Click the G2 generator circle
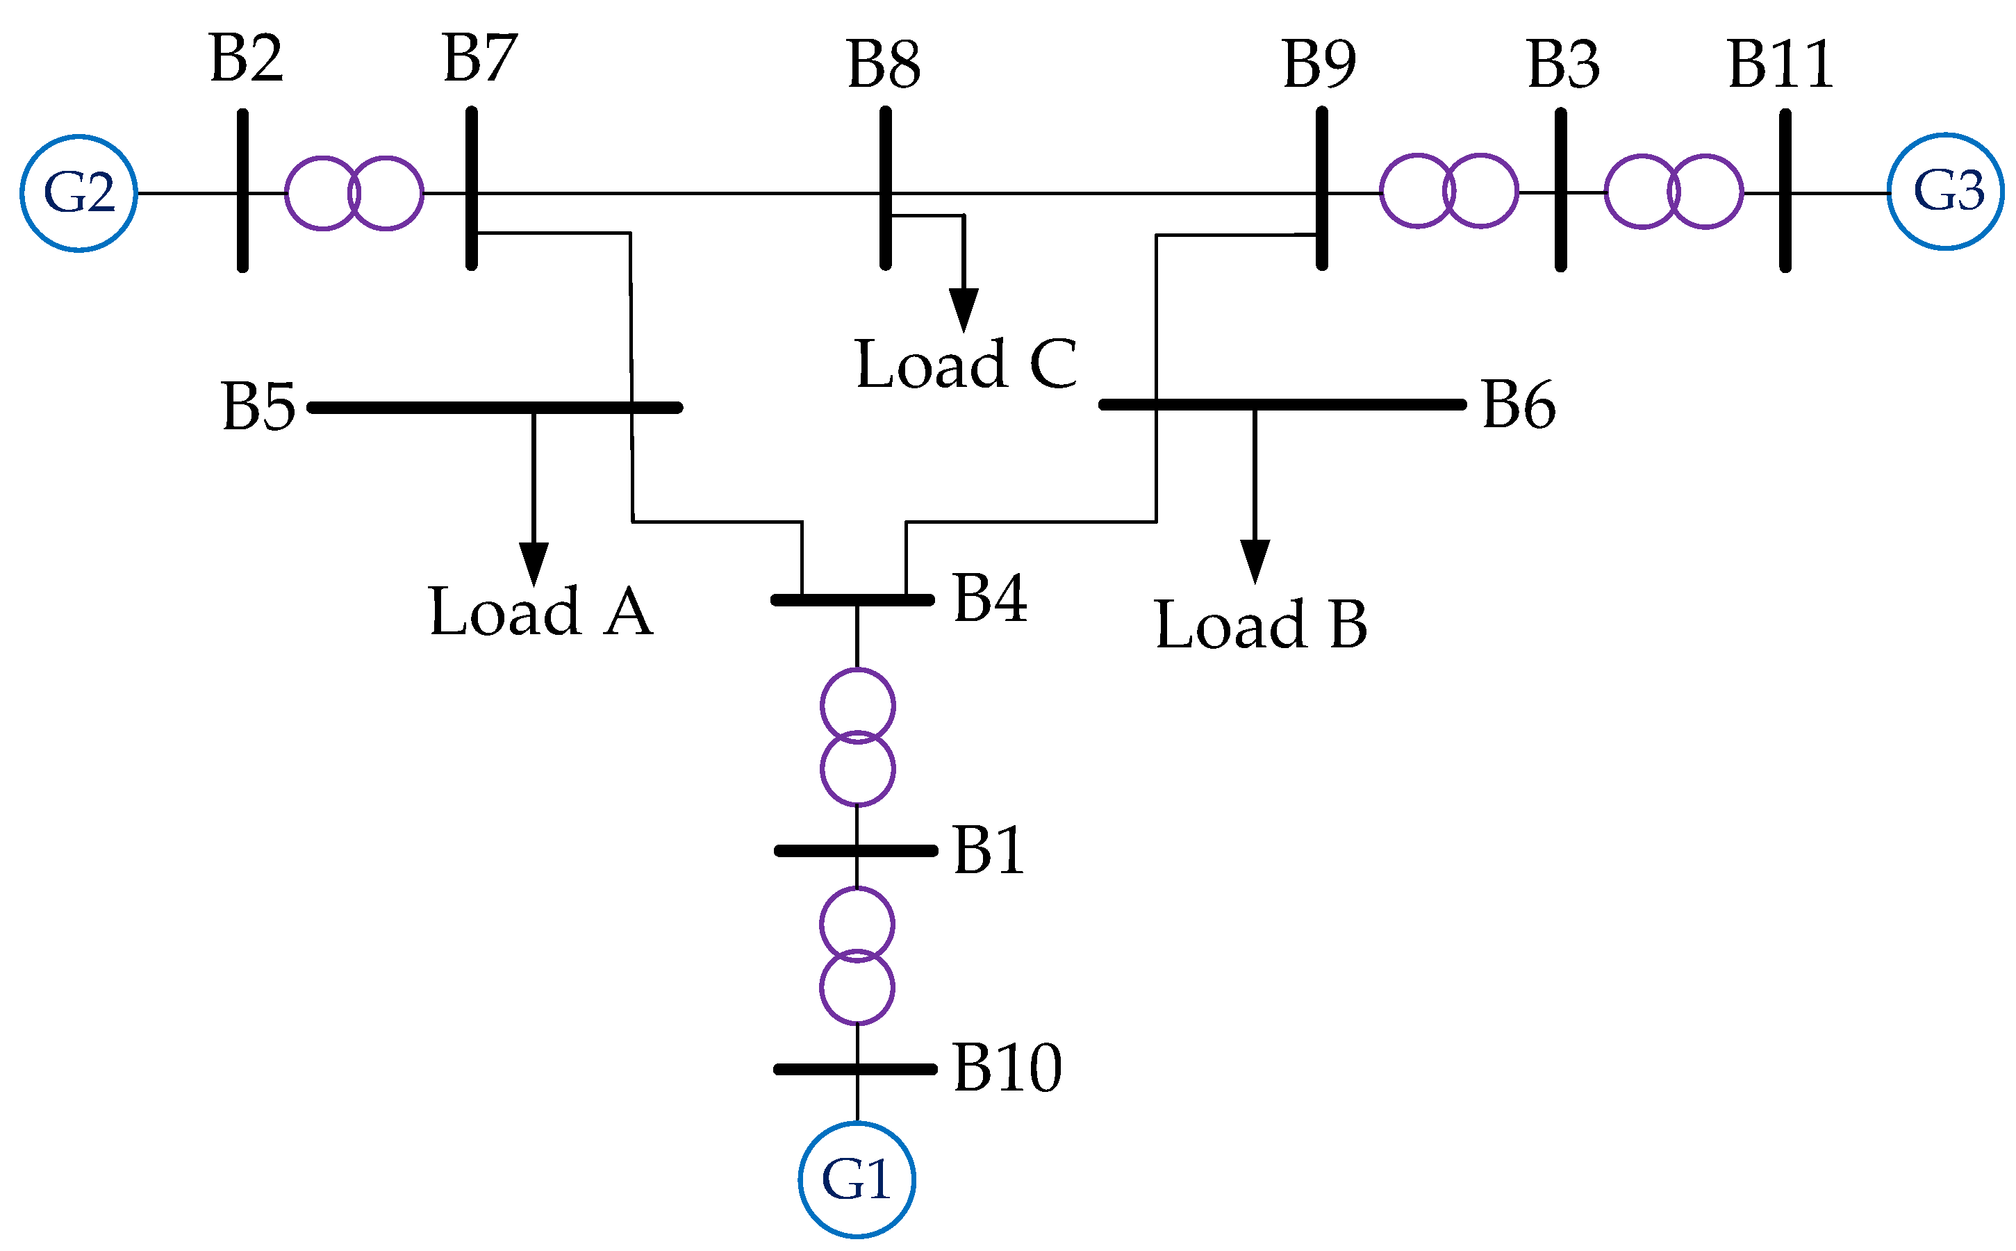(79, 193)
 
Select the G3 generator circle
(1945, 191)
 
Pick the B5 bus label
(258, 407)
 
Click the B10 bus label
(1007, 1068)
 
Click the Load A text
(541, 611)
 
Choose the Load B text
(1260, 624)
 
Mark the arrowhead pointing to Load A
(534, 563)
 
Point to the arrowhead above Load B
(1254, 561)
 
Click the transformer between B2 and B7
(354, 193)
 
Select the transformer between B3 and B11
(1674, 191)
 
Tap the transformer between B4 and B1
(857, 736)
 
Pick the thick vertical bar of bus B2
(242, 190)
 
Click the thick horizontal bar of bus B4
(852, 600)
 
